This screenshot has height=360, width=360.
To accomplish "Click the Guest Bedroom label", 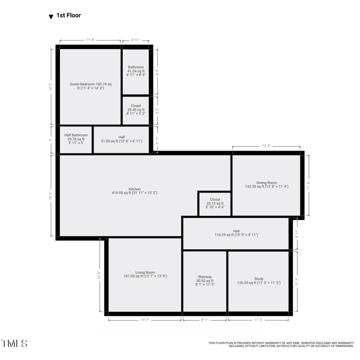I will pyautogui.click(x=90, y=86).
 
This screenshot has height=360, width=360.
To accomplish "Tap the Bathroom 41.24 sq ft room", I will pyautogui.click(x=135, y=71).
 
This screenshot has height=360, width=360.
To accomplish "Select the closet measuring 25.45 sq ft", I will pyautogui.click(x=135, y=110).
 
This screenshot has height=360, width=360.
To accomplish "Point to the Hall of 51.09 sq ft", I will pyautogui.click(x=121, y=139).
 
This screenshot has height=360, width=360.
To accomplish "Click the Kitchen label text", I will pyautogui.click(x=135, y=191).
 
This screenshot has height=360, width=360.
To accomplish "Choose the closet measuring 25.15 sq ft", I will pyautogui.click(x=215, y=203).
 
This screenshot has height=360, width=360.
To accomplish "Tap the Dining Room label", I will pyautogui.click(x=266, y=184).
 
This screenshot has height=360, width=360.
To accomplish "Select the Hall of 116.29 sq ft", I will pyautogui.click(x=236, y=233).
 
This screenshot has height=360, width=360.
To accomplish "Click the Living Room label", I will pyautogui.click(x=145, y=274).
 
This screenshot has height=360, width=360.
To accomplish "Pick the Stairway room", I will pyautogui.click(x=205, y=280).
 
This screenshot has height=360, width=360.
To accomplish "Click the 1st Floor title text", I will pyautogui.click(x=68, y=16).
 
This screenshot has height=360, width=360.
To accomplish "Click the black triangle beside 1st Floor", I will pyautogui.click(x=51, y=17).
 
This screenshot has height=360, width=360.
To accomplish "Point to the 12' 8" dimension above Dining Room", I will pyautogui.click(x=266, y=146).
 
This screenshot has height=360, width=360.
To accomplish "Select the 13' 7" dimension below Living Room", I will pyautogui.click(x=144, y=320).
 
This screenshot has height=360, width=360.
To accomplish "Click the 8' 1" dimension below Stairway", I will pyautogui.click(x=205, y=320).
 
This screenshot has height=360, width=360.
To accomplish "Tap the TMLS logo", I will pyautogui.click(x=14, y=343).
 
